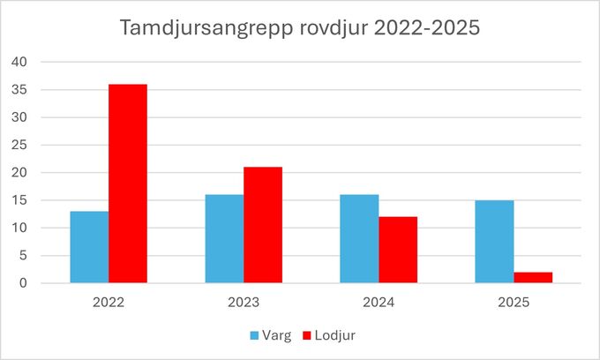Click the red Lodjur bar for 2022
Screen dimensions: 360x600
coord(128,184)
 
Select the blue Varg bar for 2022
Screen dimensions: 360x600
coord(89,247)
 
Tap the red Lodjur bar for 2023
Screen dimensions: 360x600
coord(263,225)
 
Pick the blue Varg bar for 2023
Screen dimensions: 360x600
coord(224,239)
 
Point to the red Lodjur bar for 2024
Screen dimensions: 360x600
coord(398,250)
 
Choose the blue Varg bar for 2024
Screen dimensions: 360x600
coord(359,239)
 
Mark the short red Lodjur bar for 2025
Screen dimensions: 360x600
coord(533,278)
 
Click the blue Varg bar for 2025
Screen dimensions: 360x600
coord(494,242)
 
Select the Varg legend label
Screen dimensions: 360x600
coord(277,335)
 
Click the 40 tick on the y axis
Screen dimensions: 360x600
coord(20,62)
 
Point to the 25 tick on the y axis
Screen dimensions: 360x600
coord(20,145)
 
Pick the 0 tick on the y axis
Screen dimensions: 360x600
coord(24,283)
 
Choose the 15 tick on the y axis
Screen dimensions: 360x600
coord(20,200)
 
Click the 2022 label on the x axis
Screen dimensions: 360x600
coord(109,303)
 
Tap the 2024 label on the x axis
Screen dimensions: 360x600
coord(379,303)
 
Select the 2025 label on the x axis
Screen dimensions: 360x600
coord(514,303)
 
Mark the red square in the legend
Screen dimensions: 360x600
coord(307,335)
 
